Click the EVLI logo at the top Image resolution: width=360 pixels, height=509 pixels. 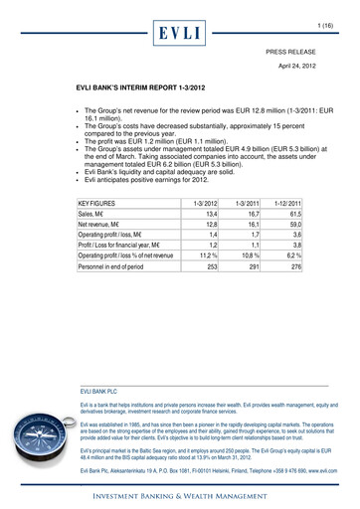pos(181,32)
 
